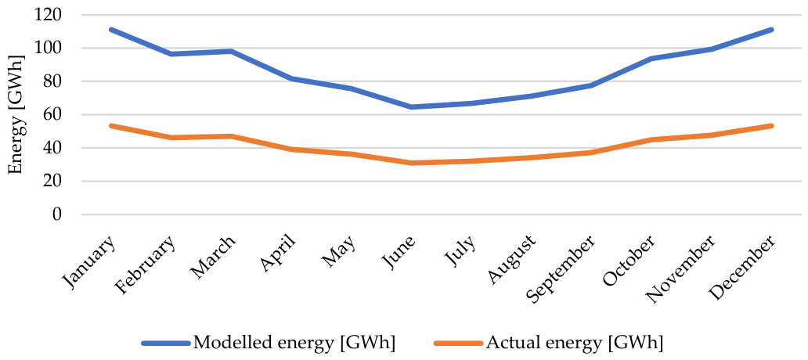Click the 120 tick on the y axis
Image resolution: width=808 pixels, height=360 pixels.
(48, 15)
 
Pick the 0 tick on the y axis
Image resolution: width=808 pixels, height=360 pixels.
(56, 214)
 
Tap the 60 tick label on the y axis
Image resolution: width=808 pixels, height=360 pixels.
(52, 114)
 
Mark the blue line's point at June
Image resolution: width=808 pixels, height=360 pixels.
(411, 107)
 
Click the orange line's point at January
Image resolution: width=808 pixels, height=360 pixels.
(111, 126)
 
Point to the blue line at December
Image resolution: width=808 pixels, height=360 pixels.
(771, 30)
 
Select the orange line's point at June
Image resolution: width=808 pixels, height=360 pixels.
(411, 163)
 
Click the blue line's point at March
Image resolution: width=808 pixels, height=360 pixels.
(231, 51)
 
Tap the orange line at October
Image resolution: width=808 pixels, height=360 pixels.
(651, 139)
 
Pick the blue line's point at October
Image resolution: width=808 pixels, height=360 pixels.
(651, 59)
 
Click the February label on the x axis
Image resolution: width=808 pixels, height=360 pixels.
(147, 265)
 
